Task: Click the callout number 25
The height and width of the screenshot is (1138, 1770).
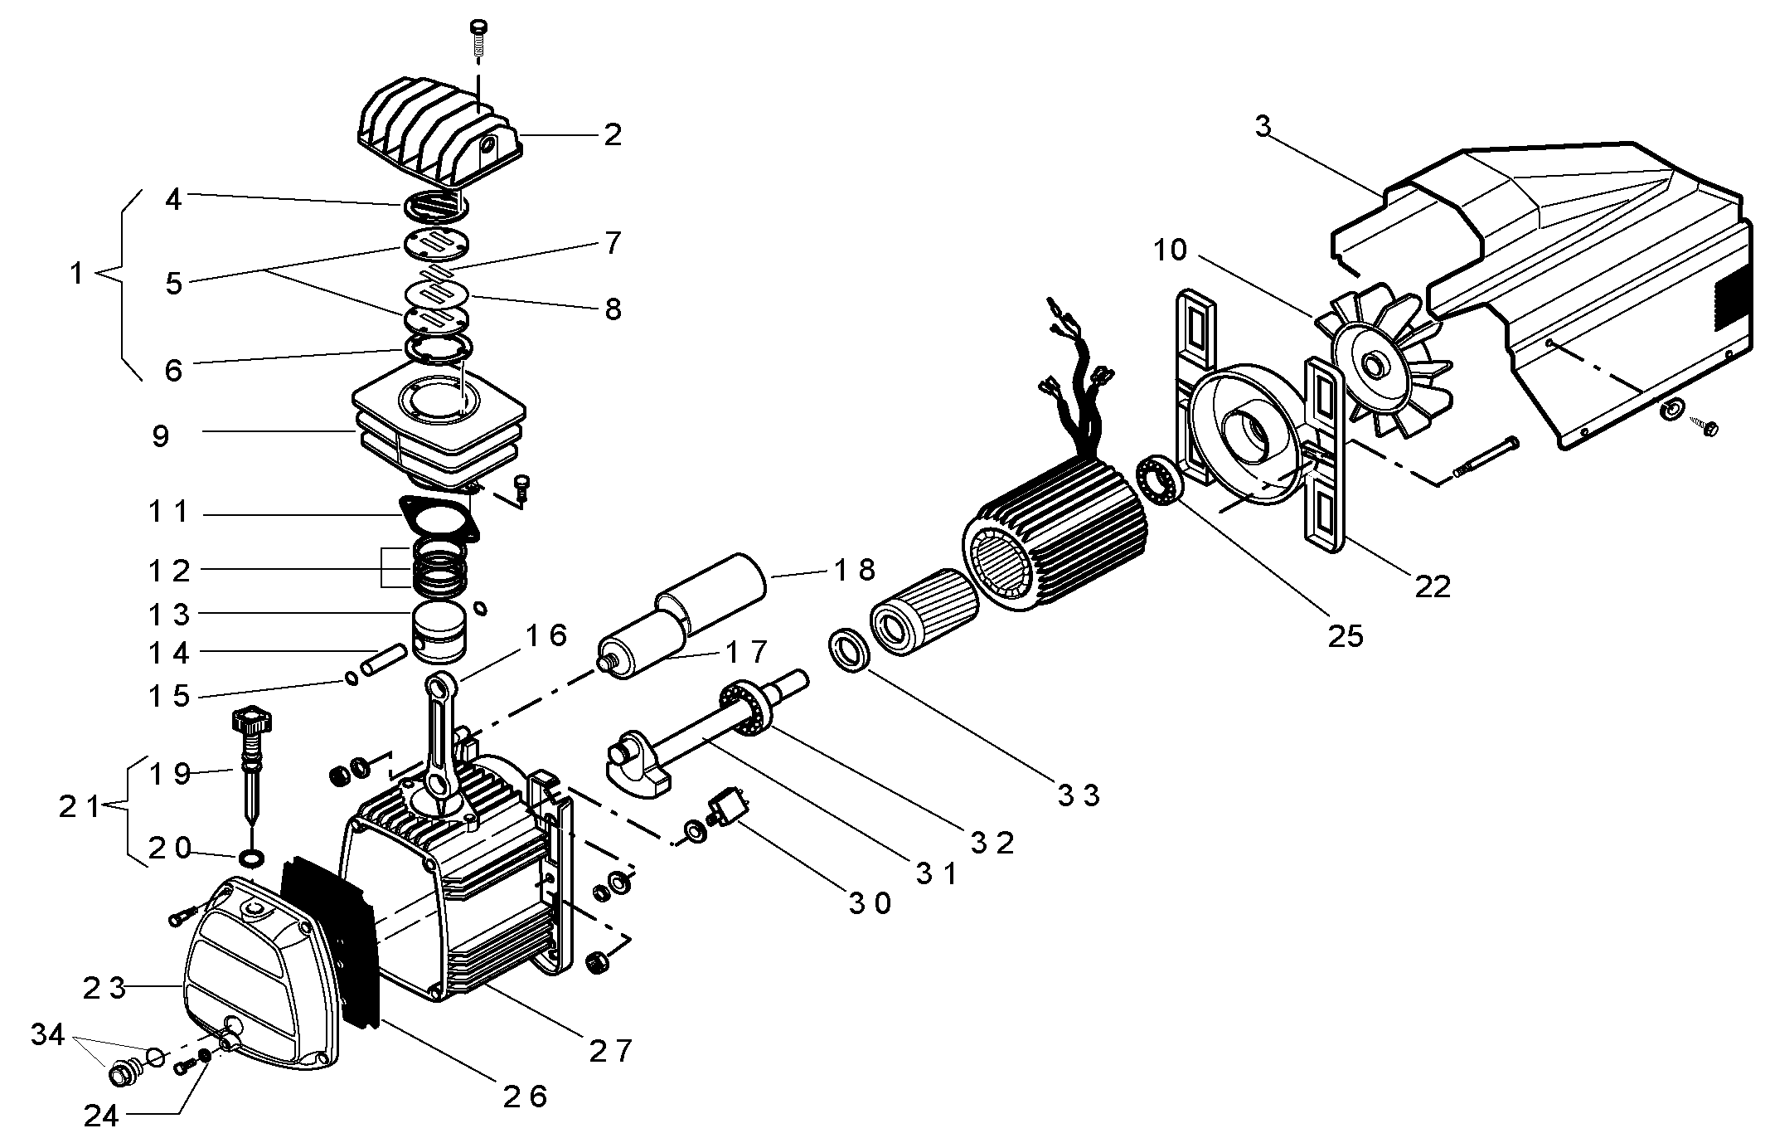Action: pyautogui.click(x=1346, y=636)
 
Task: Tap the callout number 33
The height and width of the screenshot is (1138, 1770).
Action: pyautogui.click(x=1079, y=795)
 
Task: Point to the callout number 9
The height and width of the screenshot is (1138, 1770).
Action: pyautogui.click(x=161, y=436)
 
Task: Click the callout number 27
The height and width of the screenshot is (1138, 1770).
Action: pyautogui.click(x=611, y=1052)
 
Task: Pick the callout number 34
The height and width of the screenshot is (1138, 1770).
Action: pyautogui.click(x=48, y=1035)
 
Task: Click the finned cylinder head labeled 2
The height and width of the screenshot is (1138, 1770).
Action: pyautogui.click(x=439, y=136)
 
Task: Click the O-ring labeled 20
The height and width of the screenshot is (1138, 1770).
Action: pyautogui.click(x=252, y=857)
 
